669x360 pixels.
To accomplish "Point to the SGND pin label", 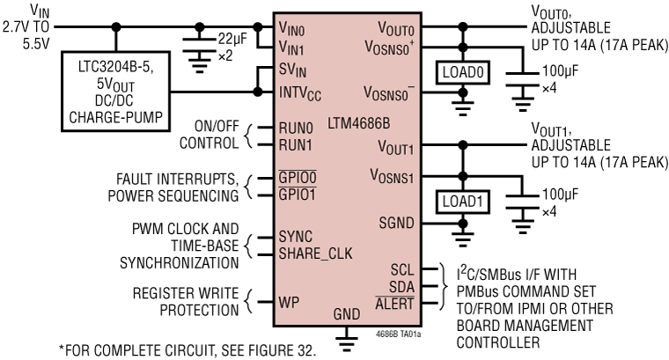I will coord(396,223).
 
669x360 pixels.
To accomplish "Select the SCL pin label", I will coord(402,268).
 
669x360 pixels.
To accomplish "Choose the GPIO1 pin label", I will coord(298,195).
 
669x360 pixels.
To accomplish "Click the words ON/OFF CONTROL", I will coord(208,135).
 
